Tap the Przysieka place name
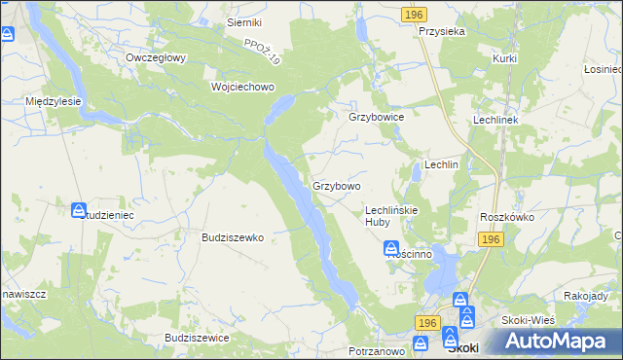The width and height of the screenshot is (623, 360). [442, 31]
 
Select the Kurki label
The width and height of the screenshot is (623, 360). [504, 58]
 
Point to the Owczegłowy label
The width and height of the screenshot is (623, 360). [156, 57]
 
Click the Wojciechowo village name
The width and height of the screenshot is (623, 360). [243, 86]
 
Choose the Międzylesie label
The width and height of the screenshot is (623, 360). [54, 100]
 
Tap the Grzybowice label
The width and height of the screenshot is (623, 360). [376, 116]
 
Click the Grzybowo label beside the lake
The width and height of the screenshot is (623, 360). [337, 185]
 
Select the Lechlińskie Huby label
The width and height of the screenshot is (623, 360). [390, 215]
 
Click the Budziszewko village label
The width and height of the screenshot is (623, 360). [233, 236]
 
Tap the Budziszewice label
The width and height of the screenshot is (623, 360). [197, 337]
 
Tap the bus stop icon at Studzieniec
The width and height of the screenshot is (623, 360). [79, 210]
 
